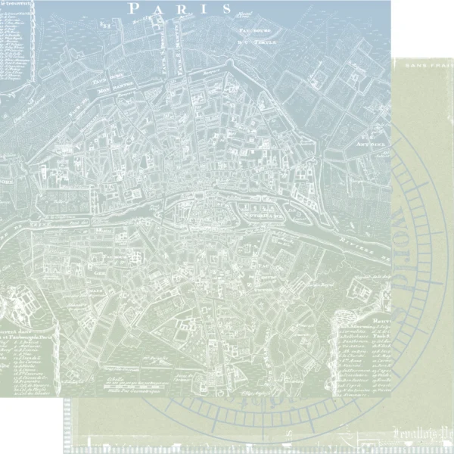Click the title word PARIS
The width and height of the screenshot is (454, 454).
[x=179, y=8]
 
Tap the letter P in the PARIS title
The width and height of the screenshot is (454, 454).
[x=134, y=8]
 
